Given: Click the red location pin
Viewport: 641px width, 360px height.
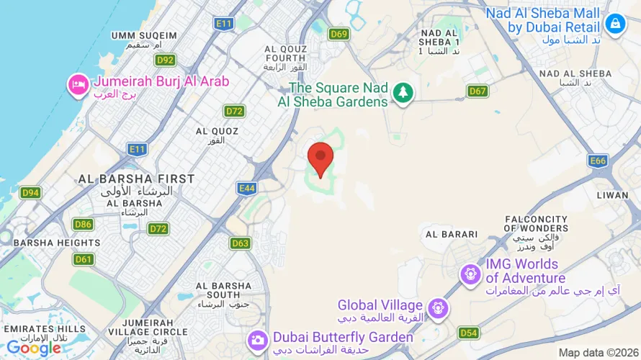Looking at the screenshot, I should pyautogui.click(x=320, y=158).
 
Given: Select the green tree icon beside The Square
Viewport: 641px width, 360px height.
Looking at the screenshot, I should pyautogui.click(x=403, y=91).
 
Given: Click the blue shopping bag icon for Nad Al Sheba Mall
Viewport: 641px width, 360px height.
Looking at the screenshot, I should pyautogui.click(x=614, y=24).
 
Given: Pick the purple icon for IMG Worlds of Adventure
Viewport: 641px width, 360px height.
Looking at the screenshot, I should pyautogui.click(x=470, y=274).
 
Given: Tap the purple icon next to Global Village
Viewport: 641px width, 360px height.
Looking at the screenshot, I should pyautogui.click(x=436, y=309).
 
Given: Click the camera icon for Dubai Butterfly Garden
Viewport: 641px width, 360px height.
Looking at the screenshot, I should pyautogui.click(x=257, y=339).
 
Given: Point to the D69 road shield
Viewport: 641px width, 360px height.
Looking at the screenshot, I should pyautogui.click(x=339, y=34).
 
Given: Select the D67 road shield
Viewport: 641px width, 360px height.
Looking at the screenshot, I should pyautogui.click(x=478, y=91).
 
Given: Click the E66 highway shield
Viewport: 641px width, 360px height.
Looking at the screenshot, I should pyautogui.click(x=597, y=161).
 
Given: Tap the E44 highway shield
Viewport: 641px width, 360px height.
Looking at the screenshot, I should pyautogui.click(x=246, y=189).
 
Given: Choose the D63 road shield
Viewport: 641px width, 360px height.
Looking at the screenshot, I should pyautogui.click(x=241, y=243).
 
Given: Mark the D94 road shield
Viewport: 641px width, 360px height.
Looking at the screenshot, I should pyautogui.click(x=30, y=192).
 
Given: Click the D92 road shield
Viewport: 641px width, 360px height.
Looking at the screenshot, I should pyautogui.click(x=166, y=60).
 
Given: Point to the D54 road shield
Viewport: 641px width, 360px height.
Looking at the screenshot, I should pyautogui.click(x=468, y=333).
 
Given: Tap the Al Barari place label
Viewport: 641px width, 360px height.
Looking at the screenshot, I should pyautogui.click(x=452, y=234).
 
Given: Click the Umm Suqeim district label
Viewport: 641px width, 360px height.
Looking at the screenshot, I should pyautogui.click(x=144, y=35).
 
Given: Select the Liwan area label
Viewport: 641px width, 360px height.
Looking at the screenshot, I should pyautogui.click(x=613, y=195).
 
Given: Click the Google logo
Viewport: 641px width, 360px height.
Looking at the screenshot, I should pyautogui.click(x=33, y=348).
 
